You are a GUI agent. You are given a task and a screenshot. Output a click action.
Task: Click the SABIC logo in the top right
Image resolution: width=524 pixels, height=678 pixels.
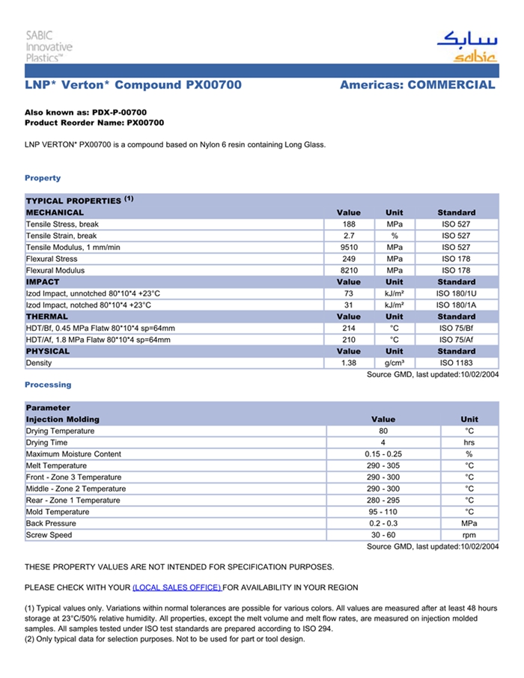466,46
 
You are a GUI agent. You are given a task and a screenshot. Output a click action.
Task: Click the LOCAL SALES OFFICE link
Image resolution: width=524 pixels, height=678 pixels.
177,587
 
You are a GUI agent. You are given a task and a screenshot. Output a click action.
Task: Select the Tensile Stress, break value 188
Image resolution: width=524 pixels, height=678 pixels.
349,225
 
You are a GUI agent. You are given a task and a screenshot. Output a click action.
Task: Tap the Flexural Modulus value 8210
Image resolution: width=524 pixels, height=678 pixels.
349,270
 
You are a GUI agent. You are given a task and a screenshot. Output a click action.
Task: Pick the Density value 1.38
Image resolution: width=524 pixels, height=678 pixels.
349,363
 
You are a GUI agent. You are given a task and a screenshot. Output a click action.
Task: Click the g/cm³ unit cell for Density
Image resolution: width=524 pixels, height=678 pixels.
394,363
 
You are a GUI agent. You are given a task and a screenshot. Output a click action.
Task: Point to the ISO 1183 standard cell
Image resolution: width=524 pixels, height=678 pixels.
456,363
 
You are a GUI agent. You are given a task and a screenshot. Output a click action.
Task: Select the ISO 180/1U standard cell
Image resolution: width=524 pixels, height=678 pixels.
456,293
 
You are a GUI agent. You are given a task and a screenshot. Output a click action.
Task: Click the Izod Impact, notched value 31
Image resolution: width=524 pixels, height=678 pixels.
349,305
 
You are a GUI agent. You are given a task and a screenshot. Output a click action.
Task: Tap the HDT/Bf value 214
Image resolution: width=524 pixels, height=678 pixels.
349,329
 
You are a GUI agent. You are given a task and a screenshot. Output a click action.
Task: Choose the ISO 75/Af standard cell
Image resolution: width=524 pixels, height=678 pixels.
456,340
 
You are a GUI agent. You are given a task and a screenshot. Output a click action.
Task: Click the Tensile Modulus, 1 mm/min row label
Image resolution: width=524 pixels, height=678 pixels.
73,248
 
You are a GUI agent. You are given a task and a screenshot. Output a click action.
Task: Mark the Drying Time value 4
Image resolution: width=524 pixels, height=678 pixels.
383,443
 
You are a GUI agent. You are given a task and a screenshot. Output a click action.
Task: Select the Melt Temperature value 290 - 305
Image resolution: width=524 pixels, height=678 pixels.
383,466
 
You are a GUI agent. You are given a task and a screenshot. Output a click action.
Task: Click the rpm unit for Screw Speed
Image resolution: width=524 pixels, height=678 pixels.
469,536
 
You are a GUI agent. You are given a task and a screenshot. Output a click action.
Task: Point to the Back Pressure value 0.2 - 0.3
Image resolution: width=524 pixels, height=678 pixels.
383,524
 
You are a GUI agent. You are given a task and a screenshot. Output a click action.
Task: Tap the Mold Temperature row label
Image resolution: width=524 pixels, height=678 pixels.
58,513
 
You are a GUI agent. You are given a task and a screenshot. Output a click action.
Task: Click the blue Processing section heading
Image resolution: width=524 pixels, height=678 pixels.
48,385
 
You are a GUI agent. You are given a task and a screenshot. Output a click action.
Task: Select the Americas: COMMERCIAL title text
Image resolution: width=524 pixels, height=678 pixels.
417,85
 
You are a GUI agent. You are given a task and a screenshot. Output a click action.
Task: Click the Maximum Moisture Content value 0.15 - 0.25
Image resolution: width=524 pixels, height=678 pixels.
383,454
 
